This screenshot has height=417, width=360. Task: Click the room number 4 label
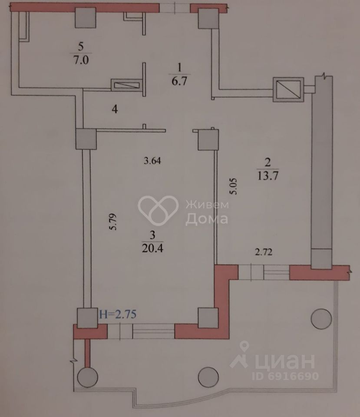click(x=114, y=109)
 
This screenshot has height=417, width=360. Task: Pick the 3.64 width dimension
click(x=152, y=161)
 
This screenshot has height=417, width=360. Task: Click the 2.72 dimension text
click(x=263, y=253)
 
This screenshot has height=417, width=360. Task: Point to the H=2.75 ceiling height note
click(x=118, y=314)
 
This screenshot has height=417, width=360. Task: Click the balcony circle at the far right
click(x=321, y=318)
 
